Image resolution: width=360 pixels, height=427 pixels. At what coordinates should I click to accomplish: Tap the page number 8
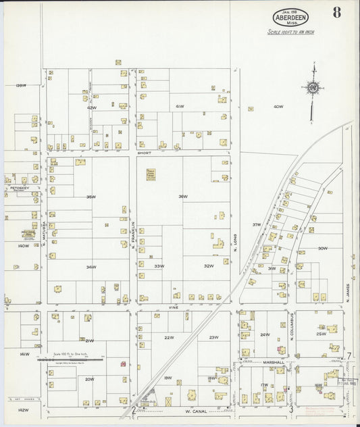tap(336, 11)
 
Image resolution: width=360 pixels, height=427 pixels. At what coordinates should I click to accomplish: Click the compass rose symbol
tap(312, 88)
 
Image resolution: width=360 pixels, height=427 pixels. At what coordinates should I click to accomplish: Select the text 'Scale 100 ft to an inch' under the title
tap(290, 32)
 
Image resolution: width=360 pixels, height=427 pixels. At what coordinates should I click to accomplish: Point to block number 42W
tap(91, 107)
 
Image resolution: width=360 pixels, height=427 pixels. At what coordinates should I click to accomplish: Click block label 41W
tap(180, 107)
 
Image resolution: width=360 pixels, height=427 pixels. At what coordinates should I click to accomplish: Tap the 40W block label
tap(278, 107)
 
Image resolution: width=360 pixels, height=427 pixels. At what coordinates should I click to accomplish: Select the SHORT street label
tap(143, 153)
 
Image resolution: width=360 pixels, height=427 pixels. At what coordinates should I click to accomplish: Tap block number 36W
tap(182, 197)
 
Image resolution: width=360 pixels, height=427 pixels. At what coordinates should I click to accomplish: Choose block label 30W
tap(322, 248)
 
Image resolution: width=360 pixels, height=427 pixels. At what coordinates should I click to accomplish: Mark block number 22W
tap(169, 337)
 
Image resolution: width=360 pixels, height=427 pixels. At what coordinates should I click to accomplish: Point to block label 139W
tap(20, 85)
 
